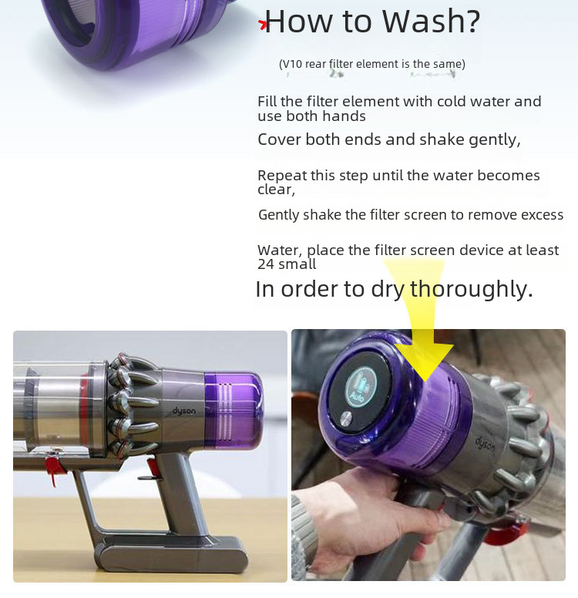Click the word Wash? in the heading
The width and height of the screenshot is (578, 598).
[431, 21]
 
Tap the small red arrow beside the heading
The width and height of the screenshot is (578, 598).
[263, 25]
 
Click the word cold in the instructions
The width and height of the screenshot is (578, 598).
[452, 102]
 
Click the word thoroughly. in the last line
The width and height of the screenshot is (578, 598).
[471, 289]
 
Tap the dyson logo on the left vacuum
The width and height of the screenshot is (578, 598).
[184, 411]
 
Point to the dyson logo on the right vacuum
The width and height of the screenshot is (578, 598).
[486, 443]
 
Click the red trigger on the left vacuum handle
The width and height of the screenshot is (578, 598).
[153, 469]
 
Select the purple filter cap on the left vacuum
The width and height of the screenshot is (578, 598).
[234, 409]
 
